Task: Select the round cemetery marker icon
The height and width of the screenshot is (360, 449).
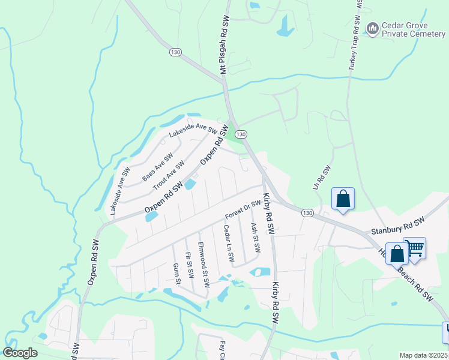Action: pyautogui.click(x=373, y=28)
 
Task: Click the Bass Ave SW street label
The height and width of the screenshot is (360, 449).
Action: pyautogui.click(x=157, y=167)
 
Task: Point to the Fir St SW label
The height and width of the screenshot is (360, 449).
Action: pyautogui.click(x=189, y=265)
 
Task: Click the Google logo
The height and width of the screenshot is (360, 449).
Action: pyautogui.click(x=20, y=353)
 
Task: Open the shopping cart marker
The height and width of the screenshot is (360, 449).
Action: pyautogui.click(x=415, y=248)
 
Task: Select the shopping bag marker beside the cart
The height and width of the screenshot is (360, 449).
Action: pyautogui.click(x=397, y=253)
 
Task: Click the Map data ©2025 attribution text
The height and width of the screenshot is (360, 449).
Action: pyautogui.click(x=423, y=355)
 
